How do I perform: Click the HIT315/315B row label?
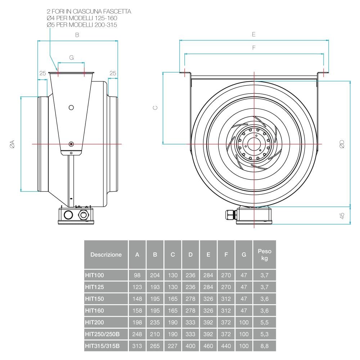pyautogui.click(x=102, y=346)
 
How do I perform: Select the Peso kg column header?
pyautogui.click(x=264, y=255)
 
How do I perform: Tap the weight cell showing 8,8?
pyautogui.click(x=264, y=346)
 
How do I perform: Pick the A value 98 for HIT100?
pyautogui.click(x=137, y=275)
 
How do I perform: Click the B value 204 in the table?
pyautogui.click(x=155, y=275)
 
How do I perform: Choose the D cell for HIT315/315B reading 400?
pyautogui.click(x=190, y=346)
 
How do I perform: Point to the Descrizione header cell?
pyautogui.click(x=106, y=255)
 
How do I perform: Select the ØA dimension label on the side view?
pyautogui.click(x=12, y=144)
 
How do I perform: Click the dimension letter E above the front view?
pyautogui.click(x=254, y=34)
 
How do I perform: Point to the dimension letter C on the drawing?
pyautogui.click(x=155, y=108)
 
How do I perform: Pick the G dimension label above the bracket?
pyautogui.click(x=71, y=58)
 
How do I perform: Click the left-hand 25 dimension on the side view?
pyautogui.click(x=42, y=73)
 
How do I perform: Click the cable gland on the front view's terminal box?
pyautogui.click(x=229, y=215)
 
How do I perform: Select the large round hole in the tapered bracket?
pyautogui.click(x=71, y=108)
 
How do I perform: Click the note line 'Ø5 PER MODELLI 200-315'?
pyautogui.click(x=82, y=25)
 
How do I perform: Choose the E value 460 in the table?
pyautogui.click(x=208, y=346)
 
